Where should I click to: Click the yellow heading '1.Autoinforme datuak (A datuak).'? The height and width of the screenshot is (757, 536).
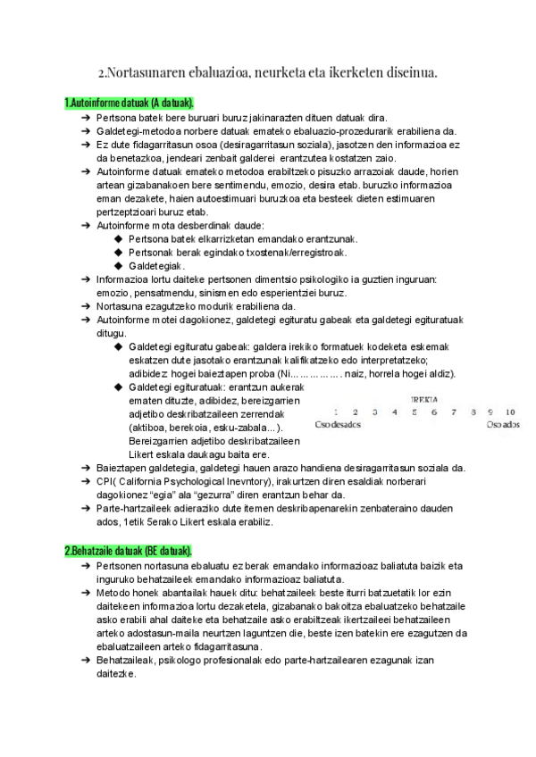[130, 103]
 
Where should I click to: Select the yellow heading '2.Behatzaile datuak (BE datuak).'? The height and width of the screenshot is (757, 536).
[128, 549]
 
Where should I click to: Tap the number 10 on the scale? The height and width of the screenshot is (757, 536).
[510, 412]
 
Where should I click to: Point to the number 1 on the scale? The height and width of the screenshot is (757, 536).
[336, 412]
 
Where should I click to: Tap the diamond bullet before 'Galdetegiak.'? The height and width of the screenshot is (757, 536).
[120, 266]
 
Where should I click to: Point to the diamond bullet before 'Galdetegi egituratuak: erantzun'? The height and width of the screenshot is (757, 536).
[120, 387]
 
